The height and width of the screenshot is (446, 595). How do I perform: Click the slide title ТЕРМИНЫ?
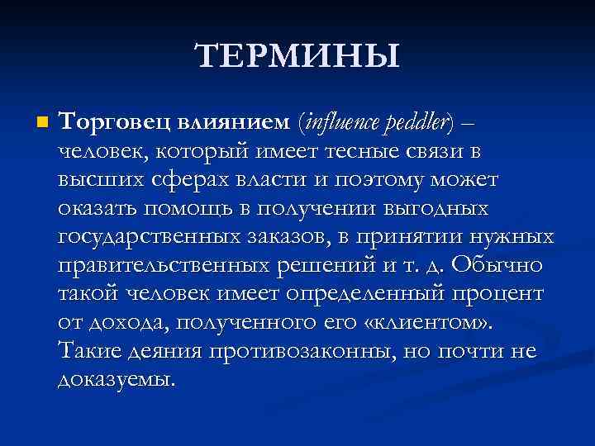click(297, 56)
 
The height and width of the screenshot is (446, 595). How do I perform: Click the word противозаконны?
click(302, 351)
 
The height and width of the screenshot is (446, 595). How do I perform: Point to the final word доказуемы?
click(116, 380)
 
